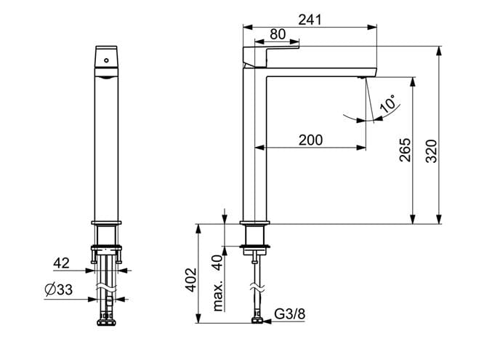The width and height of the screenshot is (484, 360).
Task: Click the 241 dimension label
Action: pos(310,20)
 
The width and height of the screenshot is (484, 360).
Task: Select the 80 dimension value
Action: pos(278,34)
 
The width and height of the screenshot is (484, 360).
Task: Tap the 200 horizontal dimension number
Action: pos(310,140)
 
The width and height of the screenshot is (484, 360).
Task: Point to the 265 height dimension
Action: pos(406,150)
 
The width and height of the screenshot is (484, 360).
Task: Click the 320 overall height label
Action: pos(431,151)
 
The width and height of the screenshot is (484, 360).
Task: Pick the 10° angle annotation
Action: pos(388,103)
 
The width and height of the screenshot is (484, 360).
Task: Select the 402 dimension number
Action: pos(190,280)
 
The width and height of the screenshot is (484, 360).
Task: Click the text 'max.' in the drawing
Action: pos(217,296)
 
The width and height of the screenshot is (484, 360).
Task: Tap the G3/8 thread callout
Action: pos(289,314)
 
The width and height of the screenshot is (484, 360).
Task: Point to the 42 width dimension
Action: pos(62,263)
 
